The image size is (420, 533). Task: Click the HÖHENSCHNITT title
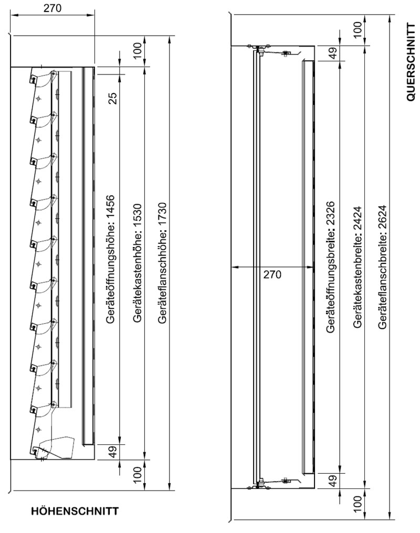pos(75,510)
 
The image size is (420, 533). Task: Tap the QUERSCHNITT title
pos(411,62)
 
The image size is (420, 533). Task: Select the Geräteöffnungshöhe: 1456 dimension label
pos(111,259)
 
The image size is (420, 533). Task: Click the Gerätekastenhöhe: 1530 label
pos(137,263)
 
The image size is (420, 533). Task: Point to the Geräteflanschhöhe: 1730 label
pos(162,263)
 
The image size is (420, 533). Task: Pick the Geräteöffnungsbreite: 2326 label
pos(330,267)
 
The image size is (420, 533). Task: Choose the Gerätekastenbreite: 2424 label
pos(357,267)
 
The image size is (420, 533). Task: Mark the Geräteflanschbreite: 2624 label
pos(383,267)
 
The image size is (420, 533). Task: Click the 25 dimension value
pos(113,98)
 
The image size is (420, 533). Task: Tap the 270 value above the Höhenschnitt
pos(52,7)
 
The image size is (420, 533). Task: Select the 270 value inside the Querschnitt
pos(272,274)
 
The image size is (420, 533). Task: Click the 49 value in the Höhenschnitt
pos(113,451)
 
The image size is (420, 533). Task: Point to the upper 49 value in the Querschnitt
pos(333,53)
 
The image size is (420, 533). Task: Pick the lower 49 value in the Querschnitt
pos(333,481)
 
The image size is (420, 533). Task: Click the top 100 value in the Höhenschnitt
pos(137,50)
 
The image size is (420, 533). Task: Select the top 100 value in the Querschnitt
pos(357,30)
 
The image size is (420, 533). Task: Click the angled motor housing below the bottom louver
pos(57,447)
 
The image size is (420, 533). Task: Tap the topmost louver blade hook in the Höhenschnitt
pos(33,79)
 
